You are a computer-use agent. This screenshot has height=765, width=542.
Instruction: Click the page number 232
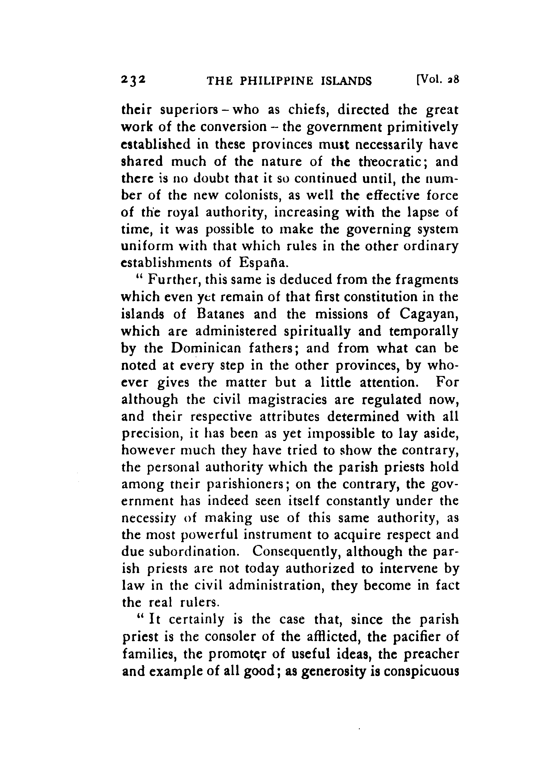(x=133, y=81)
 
